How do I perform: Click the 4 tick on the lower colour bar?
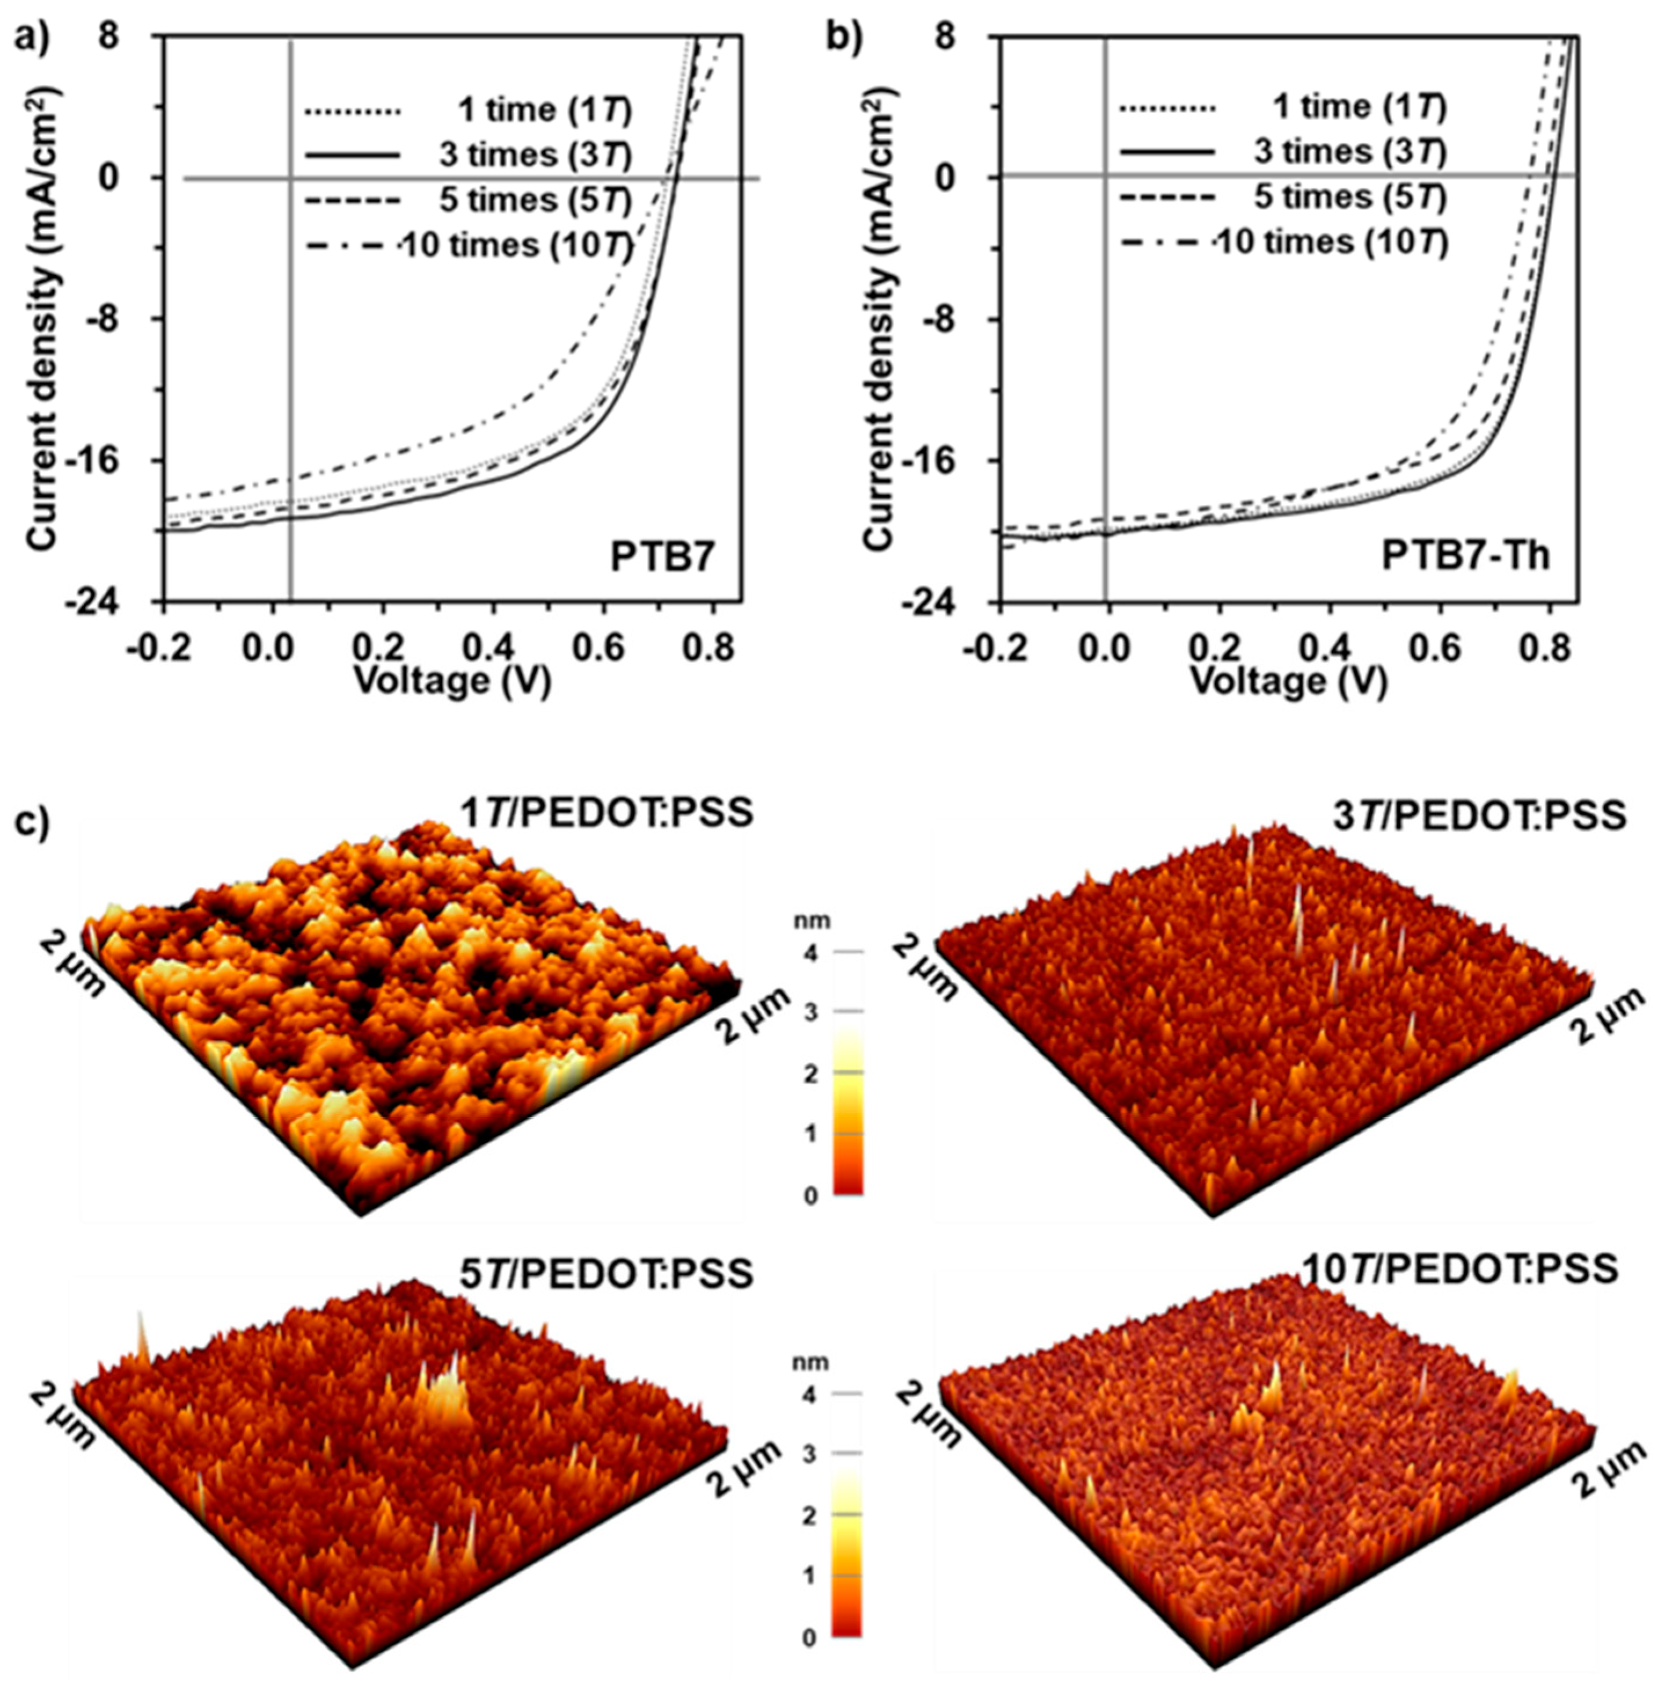(x=810, y=1396)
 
